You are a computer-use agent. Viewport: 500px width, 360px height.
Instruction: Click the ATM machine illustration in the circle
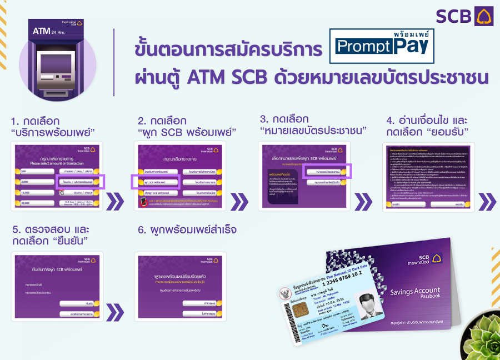coord(58,61)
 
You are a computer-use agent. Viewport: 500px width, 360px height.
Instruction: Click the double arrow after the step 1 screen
coord(114,201)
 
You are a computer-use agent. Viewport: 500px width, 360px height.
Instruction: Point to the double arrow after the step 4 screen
coord(487,201)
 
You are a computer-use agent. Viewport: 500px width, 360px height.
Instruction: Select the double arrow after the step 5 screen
coord(114,312)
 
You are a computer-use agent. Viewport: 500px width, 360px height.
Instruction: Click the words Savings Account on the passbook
coord(414,291)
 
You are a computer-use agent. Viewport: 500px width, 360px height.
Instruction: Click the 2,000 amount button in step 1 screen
coord(34,182)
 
